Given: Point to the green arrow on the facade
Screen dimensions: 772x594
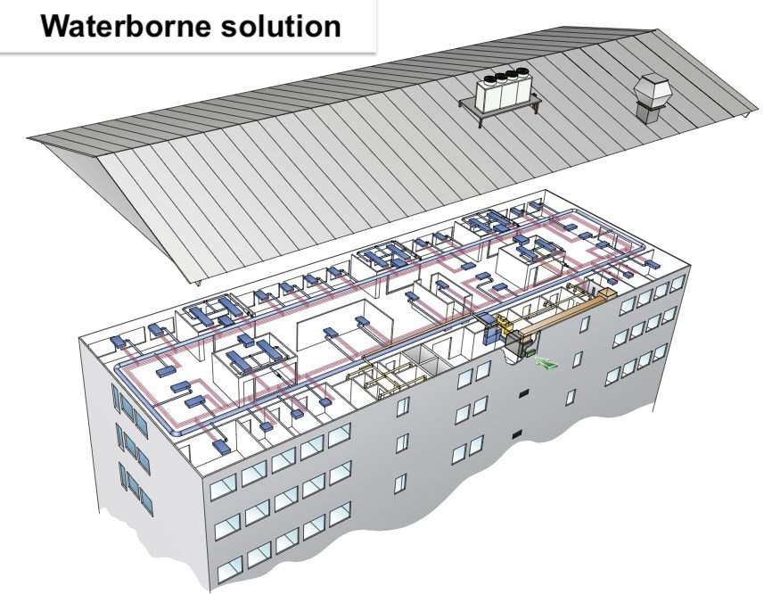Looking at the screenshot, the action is click(x=543, y=361).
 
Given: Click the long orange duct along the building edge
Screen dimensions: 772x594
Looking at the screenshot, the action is click(x=561, y=312).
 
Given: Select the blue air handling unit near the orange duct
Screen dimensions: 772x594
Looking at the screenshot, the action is click(x=491, y=329).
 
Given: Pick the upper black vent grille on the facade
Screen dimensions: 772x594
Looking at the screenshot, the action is click(x=522, y=391).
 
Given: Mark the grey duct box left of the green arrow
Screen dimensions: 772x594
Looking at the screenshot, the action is click(x=515, y=352).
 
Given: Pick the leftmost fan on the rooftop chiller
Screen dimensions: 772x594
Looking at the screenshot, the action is click(x=489, y=78).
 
